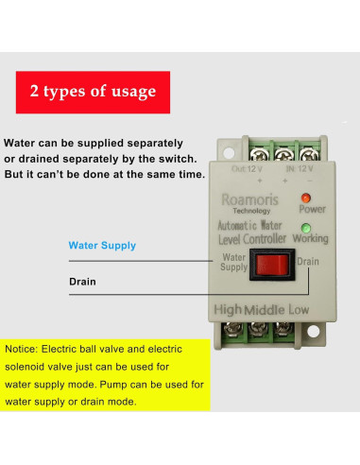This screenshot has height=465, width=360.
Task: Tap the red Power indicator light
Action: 305,198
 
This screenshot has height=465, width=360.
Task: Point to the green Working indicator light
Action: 306,227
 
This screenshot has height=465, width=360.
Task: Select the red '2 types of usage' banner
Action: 93,92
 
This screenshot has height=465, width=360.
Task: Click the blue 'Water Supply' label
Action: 102,246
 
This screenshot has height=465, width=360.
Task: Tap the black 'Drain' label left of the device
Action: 82,282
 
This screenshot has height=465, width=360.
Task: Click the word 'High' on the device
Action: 230,309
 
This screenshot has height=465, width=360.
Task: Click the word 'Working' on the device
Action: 310,238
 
